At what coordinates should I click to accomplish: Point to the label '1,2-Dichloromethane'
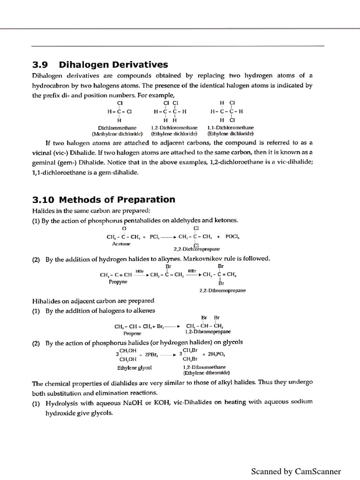point(174,127)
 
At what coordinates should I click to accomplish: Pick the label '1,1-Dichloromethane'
point(230,127)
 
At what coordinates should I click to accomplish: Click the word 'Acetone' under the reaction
point(121,244)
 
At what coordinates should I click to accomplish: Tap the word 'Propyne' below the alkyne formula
point(118,282)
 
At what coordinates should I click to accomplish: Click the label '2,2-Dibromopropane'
point(223,290)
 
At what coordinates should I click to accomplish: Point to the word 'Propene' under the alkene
point(132,333)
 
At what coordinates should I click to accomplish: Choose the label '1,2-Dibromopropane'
point(204,331)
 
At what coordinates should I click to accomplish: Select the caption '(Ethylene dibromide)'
point(206,373)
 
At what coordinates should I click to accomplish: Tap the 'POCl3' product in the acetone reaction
point(232,236)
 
